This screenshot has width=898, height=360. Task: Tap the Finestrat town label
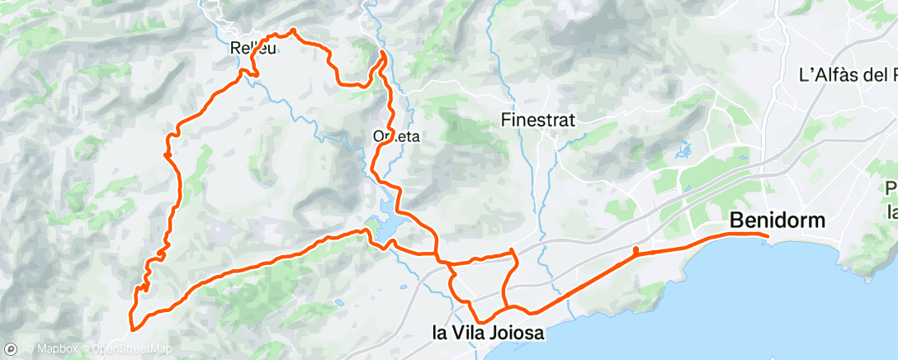[x=538, y=120]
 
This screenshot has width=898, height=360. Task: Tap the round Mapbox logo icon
[x=12, y=349]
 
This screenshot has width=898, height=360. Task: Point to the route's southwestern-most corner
[x=130, y=329]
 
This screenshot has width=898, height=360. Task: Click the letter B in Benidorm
[x=736, y=220]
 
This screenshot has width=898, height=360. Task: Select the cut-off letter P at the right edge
[x=891, y=188]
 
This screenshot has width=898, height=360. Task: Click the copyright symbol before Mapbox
[x=29, y=350]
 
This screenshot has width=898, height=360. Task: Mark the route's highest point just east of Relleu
[x=293, y=31]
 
